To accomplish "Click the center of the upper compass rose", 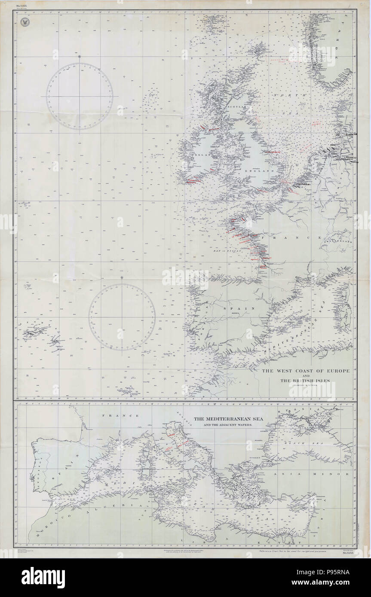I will pos(80,96).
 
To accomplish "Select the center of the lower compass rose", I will pos(122,317).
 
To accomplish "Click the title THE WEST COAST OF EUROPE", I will pos(306,370).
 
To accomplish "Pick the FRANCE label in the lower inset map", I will pos(120,415).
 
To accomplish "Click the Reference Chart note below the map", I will pos(291,550).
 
